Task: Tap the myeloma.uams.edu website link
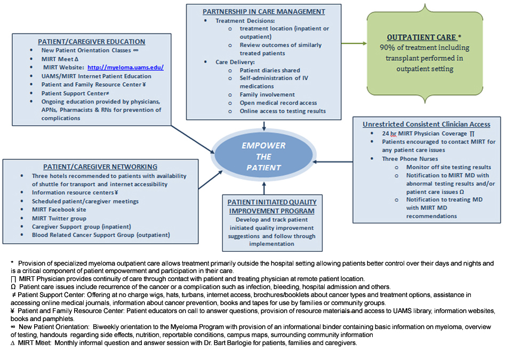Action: click(x=125, y=67)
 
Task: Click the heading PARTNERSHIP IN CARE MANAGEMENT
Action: click(x=263, y=11)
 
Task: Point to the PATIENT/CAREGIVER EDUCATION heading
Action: click(x=91, y=42)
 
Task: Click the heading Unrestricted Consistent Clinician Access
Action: click(x=426, y=124)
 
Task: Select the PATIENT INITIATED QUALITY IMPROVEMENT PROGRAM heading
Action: click(x=272, y=206)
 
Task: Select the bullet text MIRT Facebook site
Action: click(x=59, y=210)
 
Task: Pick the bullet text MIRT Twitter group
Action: click(x=59, y=218)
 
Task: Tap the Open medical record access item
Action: click(x=278, y=103)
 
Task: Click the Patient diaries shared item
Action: click(x=270, y=70)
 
